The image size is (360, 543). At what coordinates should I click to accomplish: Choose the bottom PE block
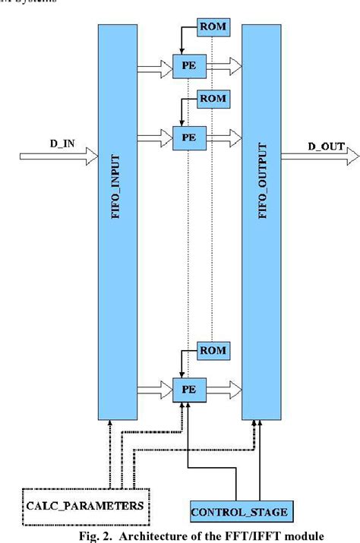(185, 388)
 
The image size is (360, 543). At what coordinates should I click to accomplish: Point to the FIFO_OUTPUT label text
(262, 187)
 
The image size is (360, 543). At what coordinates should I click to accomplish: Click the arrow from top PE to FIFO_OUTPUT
(222, 65)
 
